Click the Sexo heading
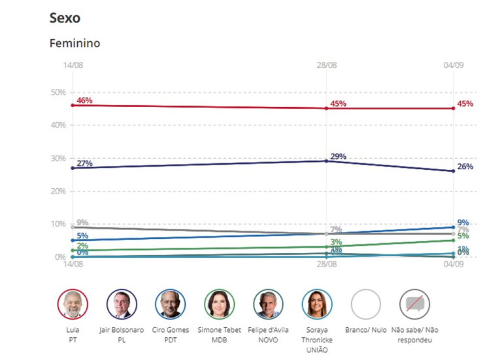point(65,18)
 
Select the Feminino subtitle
point(75,43)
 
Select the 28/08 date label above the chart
point(327,66)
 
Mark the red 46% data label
point(84,101)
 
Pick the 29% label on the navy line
point(338,157)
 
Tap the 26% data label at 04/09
point(465,167)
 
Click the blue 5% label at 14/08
point(82,236)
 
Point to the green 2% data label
point(82,246)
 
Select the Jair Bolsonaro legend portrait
point(122,304)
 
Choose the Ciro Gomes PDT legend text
point(170,335)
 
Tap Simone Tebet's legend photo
point(219,304)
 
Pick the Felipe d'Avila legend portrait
point(268,304)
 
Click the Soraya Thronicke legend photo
point(316,304)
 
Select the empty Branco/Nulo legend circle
point(365,304)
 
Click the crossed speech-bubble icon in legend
point(414,304)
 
